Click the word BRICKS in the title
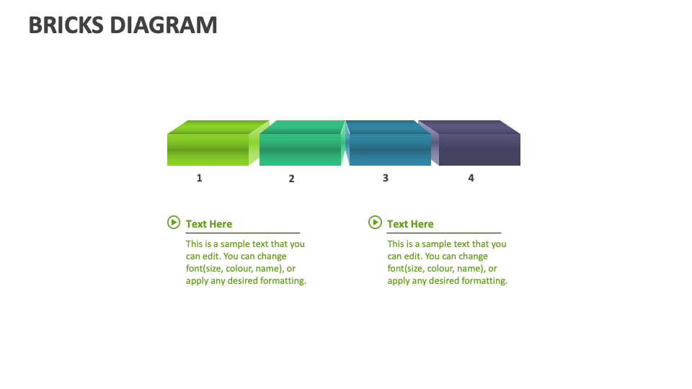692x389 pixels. point(66,25)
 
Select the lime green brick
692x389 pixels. point(208,148)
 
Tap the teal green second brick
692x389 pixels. point(300,148)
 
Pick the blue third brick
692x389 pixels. point(390,148)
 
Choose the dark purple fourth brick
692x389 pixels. point(479,148)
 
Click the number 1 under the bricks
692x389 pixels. point(200,178)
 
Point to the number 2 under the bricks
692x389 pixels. point(292,179)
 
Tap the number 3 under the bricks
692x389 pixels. point(386,178)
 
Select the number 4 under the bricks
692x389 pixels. point(471,178)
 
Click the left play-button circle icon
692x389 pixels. point(174,223)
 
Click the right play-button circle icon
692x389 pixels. point(375,223)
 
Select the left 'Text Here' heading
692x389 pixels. point(209,224)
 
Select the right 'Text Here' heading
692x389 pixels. point(410,224)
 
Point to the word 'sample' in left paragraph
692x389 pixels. point(235,244)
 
